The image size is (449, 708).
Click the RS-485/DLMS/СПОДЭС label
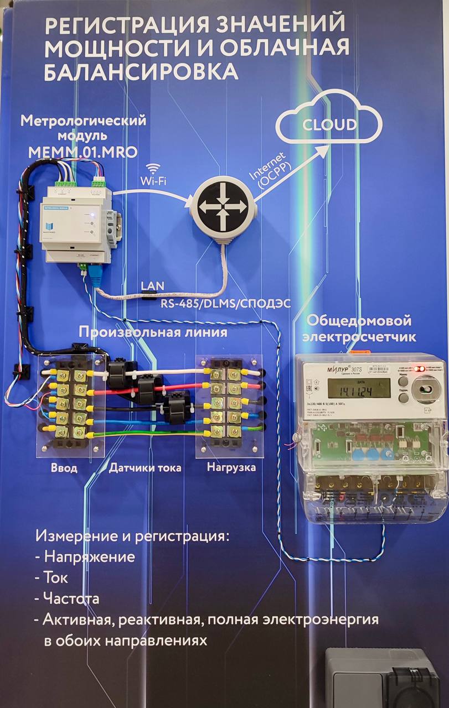[x=221, y=304]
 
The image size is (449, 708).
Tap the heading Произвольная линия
[x=153, y=332]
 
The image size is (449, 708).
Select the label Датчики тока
[x=144, y=468]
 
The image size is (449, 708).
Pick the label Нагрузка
[x=231, y=468]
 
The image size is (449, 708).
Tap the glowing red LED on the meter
[x=422, y=368]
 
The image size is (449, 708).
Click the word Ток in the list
[x=56, y=577]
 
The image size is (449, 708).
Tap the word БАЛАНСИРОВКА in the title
[x=141, y=72]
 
